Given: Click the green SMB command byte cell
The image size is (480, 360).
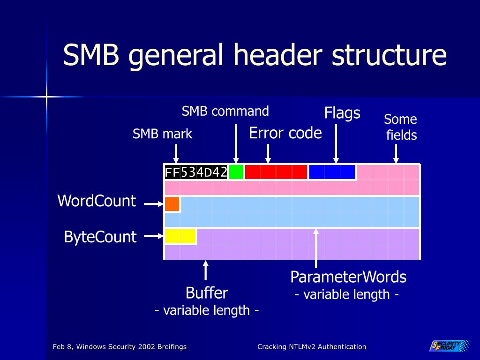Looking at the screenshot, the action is point(236,172).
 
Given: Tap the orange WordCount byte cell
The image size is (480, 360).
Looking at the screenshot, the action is point(172,204).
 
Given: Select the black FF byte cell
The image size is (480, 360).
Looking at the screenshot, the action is point(172,172).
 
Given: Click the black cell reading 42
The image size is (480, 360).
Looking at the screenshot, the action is point(219,172).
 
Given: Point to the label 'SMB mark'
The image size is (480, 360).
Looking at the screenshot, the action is point(162,134).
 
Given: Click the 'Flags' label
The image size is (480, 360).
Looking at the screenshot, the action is point(342,113).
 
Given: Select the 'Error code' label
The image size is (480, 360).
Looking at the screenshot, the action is point(285,133).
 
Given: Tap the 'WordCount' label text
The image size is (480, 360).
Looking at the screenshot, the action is point(97,201).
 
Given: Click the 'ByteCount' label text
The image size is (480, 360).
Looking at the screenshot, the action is point(100,237).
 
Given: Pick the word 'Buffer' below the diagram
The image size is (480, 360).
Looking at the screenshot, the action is point(207,293).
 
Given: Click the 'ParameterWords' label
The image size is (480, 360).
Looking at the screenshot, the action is point(348,277).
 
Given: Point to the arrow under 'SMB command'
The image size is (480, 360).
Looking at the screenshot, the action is point(236,143).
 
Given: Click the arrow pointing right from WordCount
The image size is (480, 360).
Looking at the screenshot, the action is point(154,204).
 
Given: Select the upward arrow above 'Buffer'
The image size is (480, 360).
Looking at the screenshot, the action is point(206,270).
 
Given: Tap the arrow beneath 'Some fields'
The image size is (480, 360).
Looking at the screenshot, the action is point(396,154).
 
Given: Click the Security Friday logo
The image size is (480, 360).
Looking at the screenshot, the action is point(450,345).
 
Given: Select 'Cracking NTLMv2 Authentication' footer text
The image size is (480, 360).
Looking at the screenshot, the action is point(312,347).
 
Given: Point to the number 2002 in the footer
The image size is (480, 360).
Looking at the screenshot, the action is point(147,347).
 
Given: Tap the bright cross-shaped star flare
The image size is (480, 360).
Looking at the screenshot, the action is point(46,97).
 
